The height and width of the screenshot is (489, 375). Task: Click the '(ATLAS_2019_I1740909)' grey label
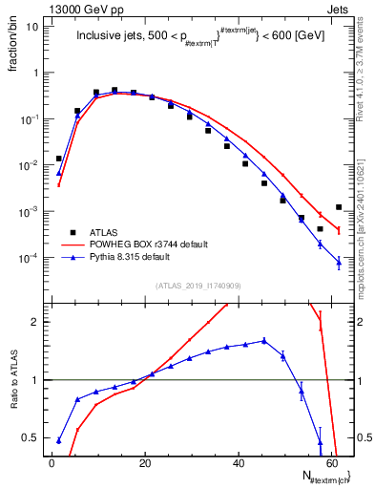[198, 286]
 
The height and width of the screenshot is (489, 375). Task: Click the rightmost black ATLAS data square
[339, 207]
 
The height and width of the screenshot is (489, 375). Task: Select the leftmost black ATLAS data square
[59, 159]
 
